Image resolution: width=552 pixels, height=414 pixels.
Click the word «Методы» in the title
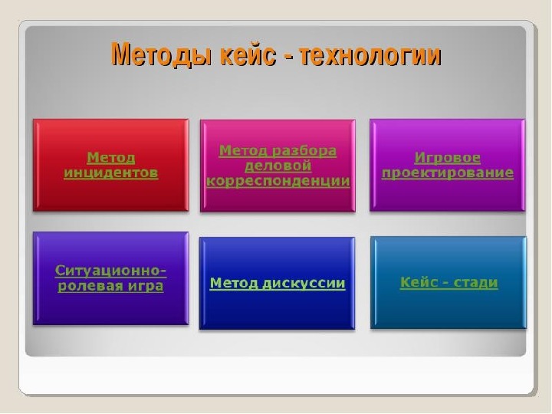(x=162, y=55)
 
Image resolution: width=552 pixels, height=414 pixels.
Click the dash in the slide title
(x=288, y=57)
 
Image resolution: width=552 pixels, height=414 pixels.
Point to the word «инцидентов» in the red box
(x=111, y=173)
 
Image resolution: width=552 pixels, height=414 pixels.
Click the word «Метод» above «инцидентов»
(x=111, y=158)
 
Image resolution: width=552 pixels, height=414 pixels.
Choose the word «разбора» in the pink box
(x=304, y=151)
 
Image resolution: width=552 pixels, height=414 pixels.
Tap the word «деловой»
(x=278, y=166)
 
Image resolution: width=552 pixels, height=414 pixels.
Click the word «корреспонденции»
(x=278, y=181)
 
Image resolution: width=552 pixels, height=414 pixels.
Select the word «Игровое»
(x=448, y=158)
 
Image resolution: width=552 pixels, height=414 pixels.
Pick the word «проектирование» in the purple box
(x=448, y=172)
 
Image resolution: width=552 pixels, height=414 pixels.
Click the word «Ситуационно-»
(x=110, y=271)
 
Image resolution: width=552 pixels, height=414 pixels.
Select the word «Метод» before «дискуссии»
(x=234, y=284)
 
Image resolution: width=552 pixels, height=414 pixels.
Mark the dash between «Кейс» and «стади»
(x=445, y=284)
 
